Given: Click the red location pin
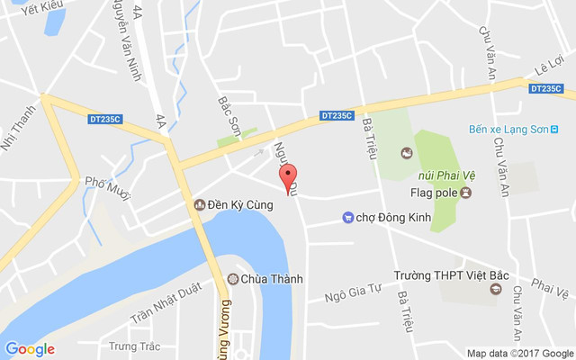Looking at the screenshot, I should click(x=288, y=176).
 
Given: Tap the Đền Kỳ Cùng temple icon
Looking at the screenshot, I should click(x=200, y=205).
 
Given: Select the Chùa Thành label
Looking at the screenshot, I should click(x=273, y=279).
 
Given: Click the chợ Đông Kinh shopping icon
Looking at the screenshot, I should click(x=347, y=217).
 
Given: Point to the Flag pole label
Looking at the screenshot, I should click(x=431, y=193).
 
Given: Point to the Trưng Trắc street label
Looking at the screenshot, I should click(x=134, y=345).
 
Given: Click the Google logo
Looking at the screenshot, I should click(x=30, y=349).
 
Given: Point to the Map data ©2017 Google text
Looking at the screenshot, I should click(x=519, y=353).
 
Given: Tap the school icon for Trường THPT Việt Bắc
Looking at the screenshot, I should click(x=495, y=289).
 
